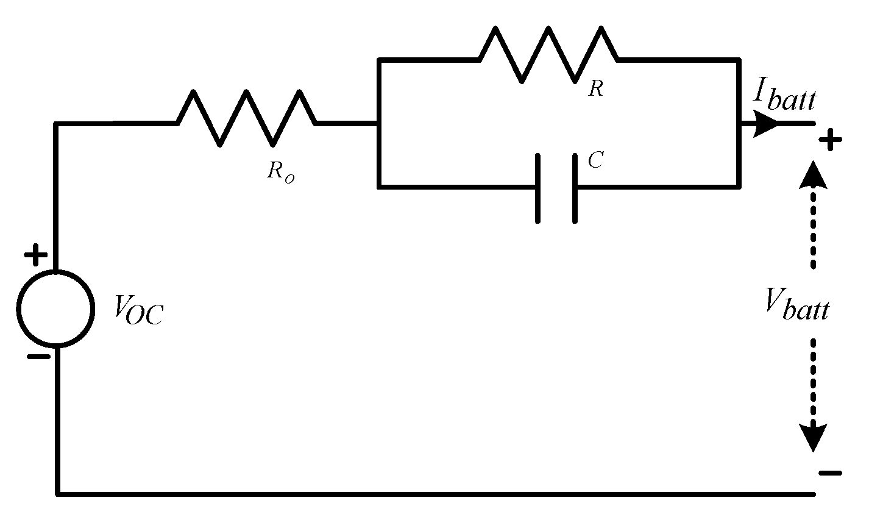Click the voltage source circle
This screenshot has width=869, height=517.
[56, 308]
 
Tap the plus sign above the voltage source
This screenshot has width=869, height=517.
[36, 255]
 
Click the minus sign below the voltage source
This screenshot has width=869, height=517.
[38, 357]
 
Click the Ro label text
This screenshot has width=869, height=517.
[280, 171]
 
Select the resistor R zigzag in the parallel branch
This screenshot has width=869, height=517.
[548, 54]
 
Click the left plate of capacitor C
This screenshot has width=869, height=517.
[537, 188]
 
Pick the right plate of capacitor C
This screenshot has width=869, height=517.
[575, 188]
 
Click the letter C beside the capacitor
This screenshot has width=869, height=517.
[595, 161]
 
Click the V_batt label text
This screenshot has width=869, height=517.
[797, 305]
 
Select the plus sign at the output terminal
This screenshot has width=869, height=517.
[830, 141]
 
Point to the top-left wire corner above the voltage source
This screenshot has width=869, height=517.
[57, 124]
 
